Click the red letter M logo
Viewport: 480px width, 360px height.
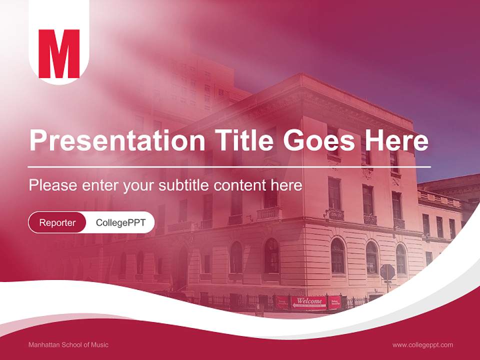click(x=59, y=54)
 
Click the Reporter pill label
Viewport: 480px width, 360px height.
click(x=57, y=222)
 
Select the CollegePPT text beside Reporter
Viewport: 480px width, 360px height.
click(x=120, y=222)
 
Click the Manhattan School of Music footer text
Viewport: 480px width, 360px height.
click(x=68, y=344)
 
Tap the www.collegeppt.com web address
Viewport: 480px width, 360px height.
click(x=422, y=344)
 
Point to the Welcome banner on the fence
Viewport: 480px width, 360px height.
click(x=309, y=301)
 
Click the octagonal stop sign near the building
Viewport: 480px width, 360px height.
click(x=387, y=272)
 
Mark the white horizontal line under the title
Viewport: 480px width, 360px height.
click(x=229, y=166)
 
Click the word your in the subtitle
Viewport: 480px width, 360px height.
click(x=139, y=185)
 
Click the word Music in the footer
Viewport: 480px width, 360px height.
click(x=100, y=344)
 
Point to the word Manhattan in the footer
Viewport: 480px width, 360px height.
click(x=43, y=344)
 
